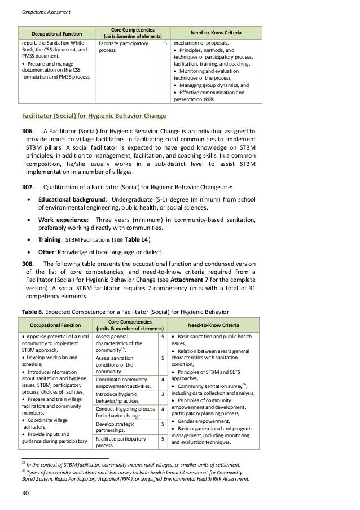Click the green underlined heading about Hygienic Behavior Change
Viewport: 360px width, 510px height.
tap(94, 116)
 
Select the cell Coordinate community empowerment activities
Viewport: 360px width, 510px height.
tap(124, 382)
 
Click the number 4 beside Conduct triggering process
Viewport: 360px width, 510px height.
tap(163, 409)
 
